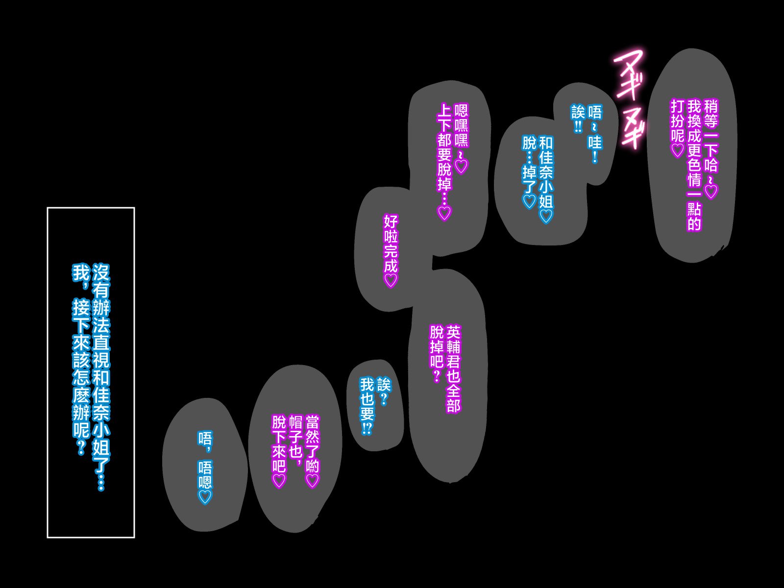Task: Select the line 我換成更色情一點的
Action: [694, 165]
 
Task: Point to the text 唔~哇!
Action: [595, 133]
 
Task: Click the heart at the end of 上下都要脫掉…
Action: [444, 214]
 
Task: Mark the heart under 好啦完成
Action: [391, 281]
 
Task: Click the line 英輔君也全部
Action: [453, 369]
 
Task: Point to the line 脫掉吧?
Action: [437, 353]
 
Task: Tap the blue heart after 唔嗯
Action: [205, 496]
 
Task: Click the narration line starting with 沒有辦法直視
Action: [101, 377]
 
